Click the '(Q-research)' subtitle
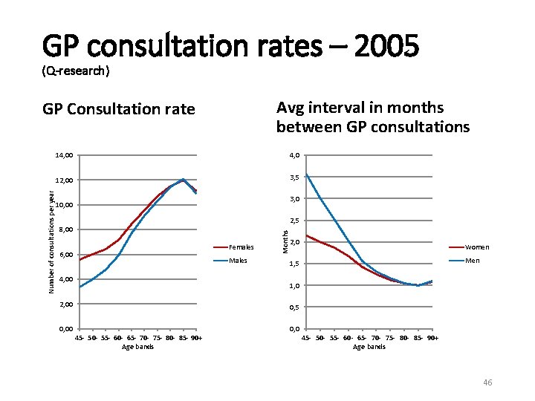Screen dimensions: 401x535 (76, 71)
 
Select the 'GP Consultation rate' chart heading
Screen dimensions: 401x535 (119, 110)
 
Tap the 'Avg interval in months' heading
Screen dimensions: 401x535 (360, 108)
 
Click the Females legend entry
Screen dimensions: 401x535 (241, 247)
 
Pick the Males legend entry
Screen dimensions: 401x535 (238, 261)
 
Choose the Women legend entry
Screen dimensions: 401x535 (476, 247)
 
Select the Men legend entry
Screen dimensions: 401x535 (472, 261)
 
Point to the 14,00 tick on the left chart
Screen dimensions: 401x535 (64, 155)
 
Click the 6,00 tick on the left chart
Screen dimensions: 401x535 (64, 255)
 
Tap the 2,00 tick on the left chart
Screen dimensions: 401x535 (64, 304)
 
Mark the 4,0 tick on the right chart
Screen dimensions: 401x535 (295, 155)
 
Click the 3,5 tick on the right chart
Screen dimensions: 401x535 (295, 177)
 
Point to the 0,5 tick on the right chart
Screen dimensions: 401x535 (295, 307)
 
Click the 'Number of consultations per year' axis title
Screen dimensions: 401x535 (50, 238)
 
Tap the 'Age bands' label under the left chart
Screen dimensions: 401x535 (137, 347)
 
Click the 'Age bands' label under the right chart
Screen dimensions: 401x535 (369, 347)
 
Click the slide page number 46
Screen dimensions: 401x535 (487, 382)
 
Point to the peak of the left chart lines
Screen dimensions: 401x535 (183, 179)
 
